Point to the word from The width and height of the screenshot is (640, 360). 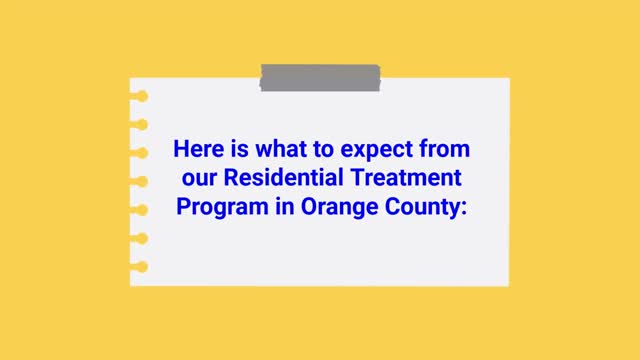click(x=445, y=151)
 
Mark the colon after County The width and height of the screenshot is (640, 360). click(x=465, y=210)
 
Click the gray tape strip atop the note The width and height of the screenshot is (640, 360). click(x=320, y=78)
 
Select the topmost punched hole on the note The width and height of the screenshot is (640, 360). click(x=141, y=97)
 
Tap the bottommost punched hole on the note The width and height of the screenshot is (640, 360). click(x=141, y=266)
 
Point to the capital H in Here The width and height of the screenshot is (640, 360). click(x=180, y=151)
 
